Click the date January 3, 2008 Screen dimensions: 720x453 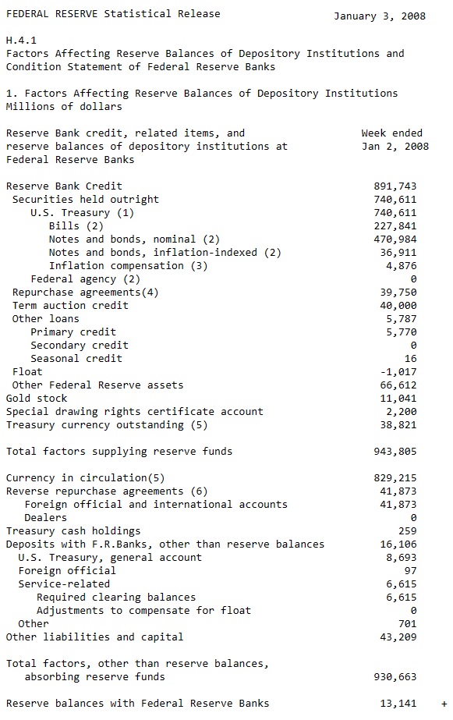point(379,16)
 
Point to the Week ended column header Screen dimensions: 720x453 point(391,133)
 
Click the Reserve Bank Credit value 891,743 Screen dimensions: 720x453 point(395,186)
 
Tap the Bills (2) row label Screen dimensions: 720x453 point(76,226)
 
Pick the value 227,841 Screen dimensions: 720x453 point(395,226)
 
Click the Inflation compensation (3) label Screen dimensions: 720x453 point(128,266)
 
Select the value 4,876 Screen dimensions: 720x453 point(402,266)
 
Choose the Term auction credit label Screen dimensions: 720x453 point(70,306)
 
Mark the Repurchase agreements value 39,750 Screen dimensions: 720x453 point(398,293)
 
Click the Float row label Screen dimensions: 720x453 point(27,372)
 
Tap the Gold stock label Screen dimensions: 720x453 point(37,399)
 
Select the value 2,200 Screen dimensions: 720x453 point(402,412)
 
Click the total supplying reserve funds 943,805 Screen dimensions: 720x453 point(395,452)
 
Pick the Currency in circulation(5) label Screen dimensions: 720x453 point(85,478)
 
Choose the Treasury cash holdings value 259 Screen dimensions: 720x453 point(407,531)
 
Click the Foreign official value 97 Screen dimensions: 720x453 point(410,571)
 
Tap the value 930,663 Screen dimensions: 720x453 point(395,677)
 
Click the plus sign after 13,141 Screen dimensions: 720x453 point(444,704)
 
